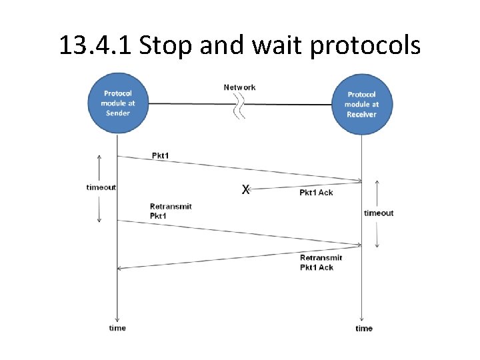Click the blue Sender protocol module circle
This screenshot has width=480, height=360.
click(117, 104)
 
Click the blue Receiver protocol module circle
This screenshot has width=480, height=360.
click(361, 105)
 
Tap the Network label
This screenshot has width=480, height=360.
click(239, 87)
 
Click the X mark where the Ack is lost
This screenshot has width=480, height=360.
click(245, 190)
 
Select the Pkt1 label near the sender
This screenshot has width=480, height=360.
click(160, 156)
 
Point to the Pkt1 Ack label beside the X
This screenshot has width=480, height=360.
click(316, 193)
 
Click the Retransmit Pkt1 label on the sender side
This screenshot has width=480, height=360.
click(171, 211)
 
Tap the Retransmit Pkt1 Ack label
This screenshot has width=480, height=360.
click(321, 263)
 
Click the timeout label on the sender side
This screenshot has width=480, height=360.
click(101, 187)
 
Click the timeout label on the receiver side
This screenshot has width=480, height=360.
click(379, 213)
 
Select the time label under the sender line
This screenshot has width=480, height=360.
click(117, 328)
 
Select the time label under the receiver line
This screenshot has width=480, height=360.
click(364, 329)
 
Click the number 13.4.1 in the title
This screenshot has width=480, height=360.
click(95, 45)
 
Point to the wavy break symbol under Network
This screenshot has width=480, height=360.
click(239, 107)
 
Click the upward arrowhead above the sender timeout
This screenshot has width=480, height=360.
click(99, 158)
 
